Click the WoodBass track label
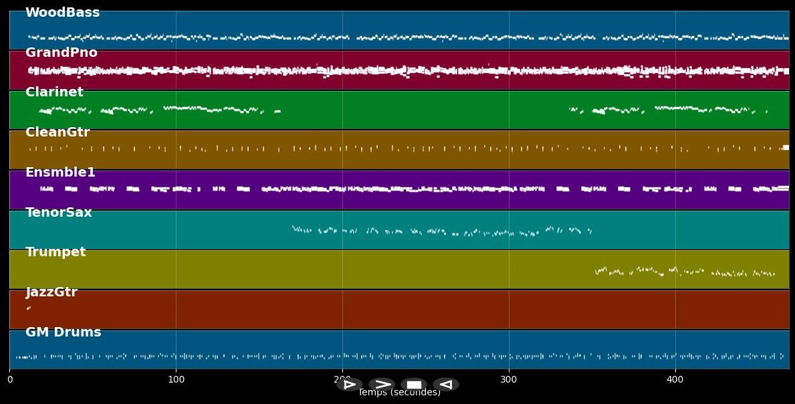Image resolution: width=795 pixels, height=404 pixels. pyautogui.click(x=62, y=13)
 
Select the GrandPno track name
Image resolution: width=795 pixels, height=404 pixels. pyautogui.click(x=61, y=53)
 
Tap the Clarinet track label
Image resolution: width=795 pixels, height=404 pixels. pyautogui.click(x=54, y=92)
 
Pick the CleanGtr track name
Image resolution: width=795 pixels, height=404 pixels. pyautogui.click(x=58, y=132)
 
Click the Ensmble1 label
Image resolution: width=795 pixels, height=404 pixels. pyautogui.click(x=60, y=173)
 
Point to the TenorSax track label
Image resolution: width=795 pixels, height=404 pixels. pyautogui.click(x=59, y=213)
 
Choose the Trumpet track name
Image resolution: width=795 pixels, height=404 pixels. pyautogui.click(x=55, y=252)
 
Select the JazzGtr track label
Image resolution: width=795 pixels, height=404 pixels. pyautogui.click(x=51, y=292)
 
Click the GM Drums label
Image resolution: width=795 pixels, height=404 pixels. pyautogui.click(x=64, y=332)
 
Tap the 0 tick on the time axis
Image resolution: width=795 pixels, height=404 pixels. pyautogui.click(x=10, y=380)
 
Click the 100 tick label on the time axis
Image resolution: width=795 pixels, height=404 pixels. pyautogui.click(x=176, y=380)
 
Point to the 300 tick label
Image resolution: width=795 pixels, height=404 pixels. pyautogui.click(x=509, y=380)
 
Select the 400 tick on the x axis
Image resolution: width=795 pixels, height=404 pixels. pyautogui.click(x=675, y=380)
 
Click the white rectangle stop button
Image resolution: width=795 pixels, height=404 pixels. pyautogui.click(x=414, y=385)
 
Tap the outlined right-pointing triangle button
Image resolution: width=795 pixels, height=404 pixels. pyautogui.click(x=349, y=385)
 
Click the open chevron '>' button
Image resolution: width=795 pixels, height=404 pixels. pyautogui.click(x=382, y=385)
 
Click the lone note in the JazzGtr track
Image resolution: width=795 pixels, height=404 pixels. pyautogui.click(x=28, y=308)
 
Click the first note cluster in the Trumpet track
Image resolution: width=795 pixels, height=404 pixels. pyautogui.click(x=601, y=270)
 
